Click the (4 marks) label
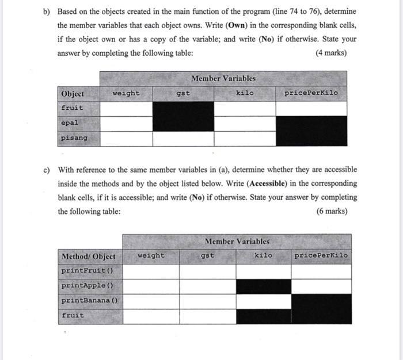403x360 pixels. pos(336,53)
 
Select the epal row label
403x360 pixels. pos(69,123)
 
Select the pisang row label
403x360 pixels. pos(74,138)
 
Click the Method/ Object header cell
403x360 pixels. pos(88,256)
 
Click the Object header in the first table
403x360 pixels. pos(72,93)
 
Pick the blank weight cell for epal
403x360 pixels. pos(126,123)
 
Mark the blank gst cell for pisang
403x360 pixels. pos(183,139)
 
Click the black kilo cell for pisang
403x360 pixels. pos(245,139)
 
